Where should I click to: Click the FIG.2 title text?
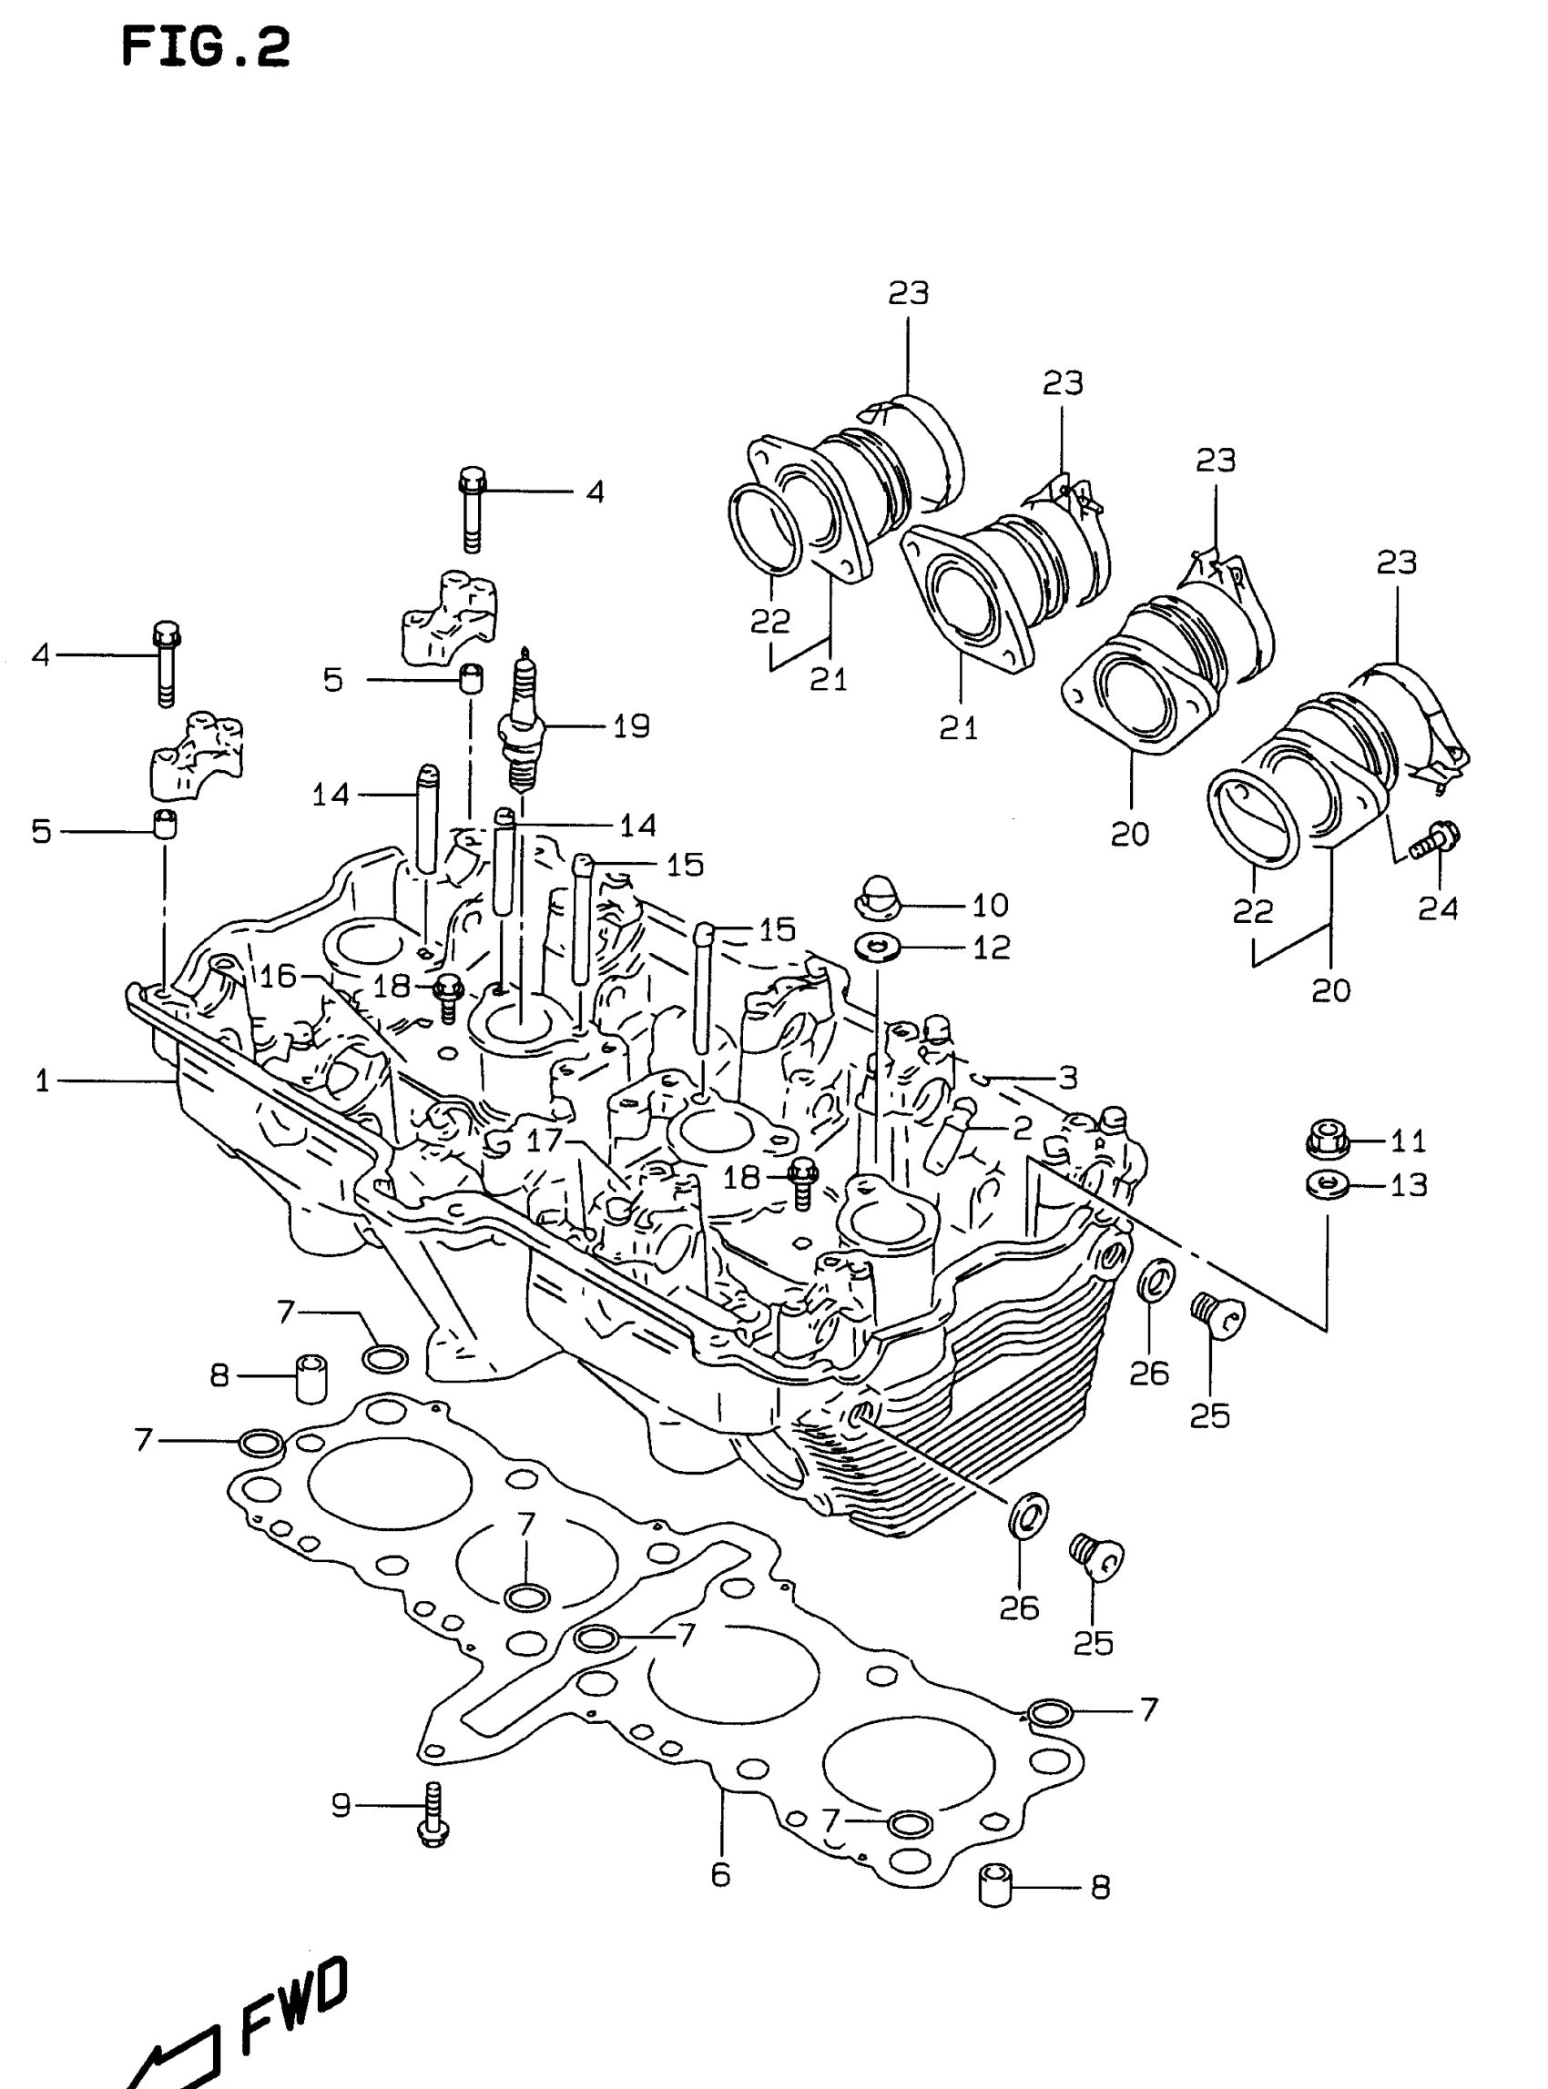[x=206, y=46]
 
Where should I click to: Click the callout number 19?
[x=631, y=726]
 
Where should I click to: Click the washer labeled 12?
[x=875, y=947]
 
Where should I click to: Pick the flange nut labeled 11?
[x=1325, y=1139]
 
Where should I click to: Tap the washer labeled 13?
[x=1325, y=1185]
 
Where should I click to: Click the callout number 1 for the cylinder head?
[x=41, y=1082]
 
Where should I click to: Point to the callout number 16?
[x=278, y=976]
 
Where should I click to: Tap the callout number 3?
[x=1067, y=1079]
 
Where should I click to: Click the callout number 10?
[x=990, y=905]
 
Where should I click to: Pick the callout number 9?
[x=341, y=1804]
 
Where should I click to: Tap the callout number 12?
[x=991, y=948]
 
